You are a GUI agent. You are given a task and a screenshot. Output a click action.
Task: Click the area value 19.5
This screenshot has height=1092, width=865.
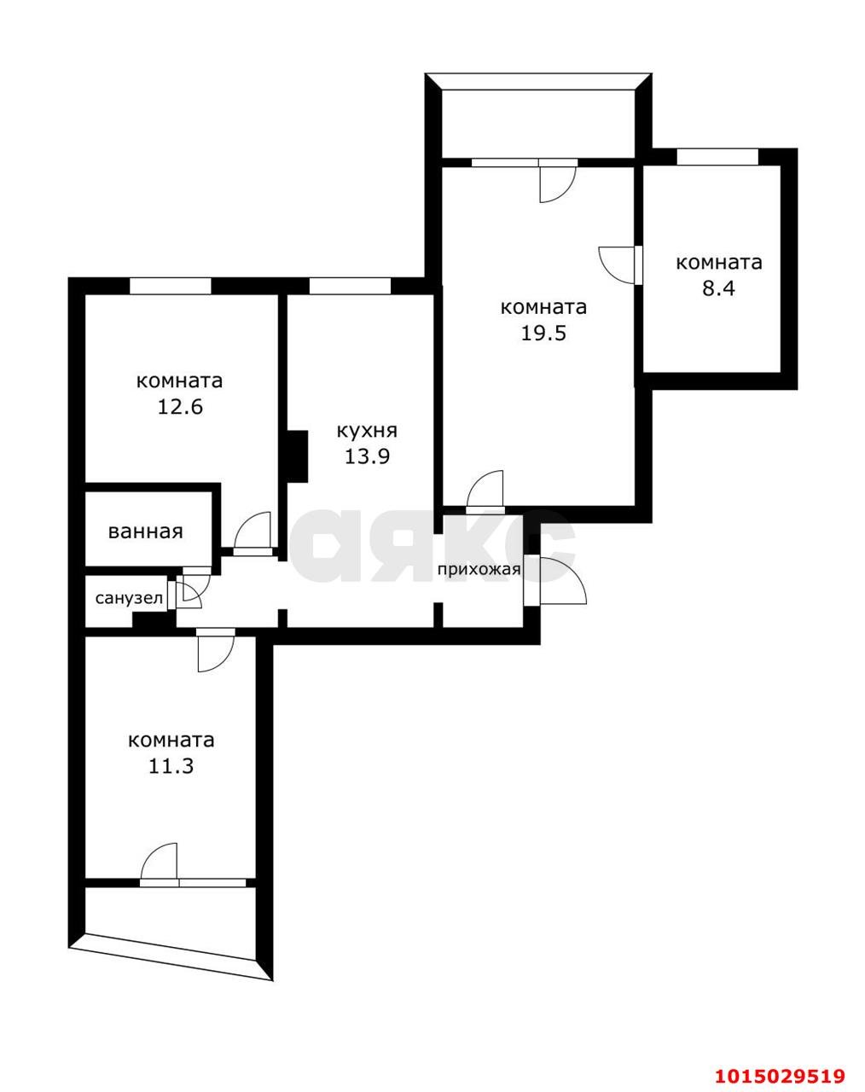tap(543, 333)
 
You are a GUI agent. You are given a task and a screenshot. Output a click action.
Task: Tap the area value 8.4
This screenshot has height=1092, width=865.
tap(717, 288)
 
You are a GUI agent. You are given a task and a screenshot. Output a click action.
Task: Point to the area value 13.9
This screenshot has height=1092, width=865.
tap(367, 456)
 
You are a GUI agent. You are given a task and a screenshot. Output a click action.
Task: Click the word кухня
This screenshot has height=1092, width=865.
tap(367, 431)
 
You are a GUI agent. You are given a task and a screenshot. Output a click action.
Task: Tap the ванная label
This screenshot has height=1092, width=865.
tap(145, 531)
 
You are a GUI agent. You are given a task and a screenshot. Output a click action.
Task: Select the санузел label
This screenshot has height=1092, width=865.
tap(129, 598)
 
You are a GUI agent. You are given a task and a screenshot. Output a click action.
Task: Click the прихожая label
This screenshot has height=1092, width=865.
tap(479, 569)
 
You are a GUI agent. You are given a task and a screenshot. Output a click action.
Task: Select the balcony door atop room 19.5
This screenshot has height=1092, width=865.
tap(558, 180)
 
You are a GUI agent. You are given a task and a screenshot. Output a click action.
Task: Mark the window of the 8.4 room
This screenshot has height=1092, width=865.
tap(717, 157)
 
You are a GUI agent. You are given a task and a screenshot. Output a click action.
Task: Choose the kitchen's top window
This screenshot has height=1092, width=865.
tap(349, 286)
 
